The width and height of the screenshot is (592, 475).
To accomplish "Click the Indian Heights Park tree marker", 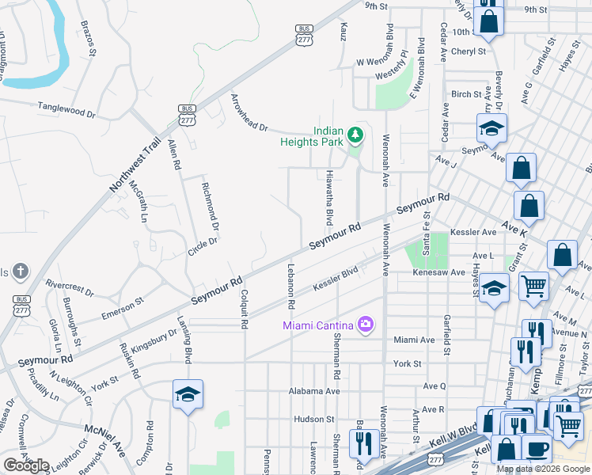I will coord(356,135).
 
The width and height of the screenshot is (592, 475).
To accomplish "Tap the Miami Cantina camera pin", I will coord(365,324).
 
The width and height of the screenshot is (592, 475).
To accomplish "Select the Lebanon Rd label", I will coord(291,285).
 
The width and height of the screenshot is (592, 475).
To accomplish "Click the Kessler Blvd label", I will coord(336,281).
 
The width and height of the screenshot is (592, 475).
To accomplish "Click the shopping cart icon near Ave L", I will coord(534,285).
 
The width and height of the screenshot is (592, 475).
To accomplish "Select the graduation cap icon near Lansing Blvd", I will coord(188,393).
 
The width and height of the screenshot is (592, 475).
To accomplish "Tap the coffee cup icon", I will coord(537,448).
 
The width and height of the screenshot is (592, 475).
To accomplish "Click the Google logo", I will coord(26,465).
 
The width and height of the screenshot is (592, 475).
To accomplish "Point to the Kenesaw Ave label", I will coord(438,272).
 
